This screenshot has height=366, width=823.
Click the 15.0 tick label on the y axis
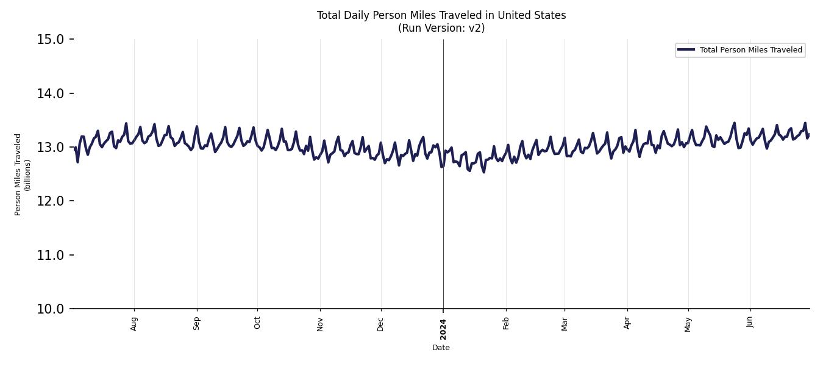click(x=50, y=40)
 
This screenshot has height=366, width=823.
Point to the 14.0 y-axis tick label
click(x=50, y=93)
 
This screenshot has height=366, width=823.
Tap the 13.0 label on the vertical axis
click(x=50, y=147)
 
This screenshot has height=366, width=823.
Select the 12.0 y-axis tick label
click(x=50, y=201)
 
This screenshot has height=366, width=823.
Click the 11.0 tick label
click(x=50, y=255)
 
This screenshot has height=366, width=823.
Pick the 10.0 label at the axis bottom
click(x=50, y=309)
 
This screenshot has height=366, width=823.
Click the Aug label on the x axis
click(x=134, y=323)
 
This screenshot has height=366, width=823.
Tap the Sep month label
click(x=196, y=323)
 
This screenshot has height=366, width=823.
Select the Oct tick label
click(x=257, y=323)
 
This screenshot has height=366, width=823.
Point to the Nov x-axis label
click(x=320, y=323)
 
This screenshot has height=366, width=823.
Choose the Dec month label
click(x=381, y=323)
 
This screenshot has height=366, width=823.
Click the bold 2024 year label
click(x=443, y=329)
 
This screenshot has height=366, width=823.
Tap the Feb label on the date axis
click(x=506, y=323)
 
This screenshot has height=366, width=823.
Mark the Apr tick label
click(x=627, y=323)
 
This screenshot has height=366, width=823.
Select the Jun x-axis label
click(x=750, y=322)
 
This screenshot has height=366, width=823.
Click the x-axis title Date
click(x=441, y=348)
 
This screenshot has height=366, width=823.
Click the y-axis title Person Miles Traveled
click(x=18, y=174)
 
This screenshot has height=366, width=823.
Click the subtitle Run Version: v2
click(x=441, y=28)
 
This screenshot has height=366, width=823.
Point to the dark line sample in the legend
click(x=686, y=50)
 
